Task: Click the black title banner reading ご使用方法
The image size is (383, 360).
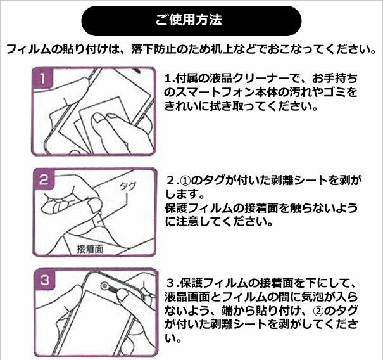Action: (191, 21)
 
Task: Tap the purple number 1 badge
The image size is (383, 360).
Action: (43, 79)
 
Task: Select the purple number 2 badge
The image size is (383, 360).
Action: (44, 180)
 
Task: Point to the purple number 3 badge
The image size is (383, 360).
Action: (45, 280)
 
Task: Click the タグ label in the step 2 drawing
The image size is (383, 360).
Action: (127, 187)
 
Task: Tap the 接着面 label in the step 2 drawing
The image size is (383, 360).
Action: (90, 249)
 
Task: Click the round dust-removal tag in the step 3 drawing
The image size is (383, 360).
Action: (105, 286)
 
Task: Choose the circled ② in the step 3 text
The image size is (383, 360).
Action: (318, 311)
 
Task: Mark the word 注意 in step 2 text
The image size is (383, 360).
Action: (186, 222)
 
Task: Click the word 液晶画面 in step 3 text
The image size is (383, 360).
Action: (187, 297)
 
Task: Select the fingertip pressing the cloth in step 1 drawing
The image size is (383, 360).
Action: (97, 118)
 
